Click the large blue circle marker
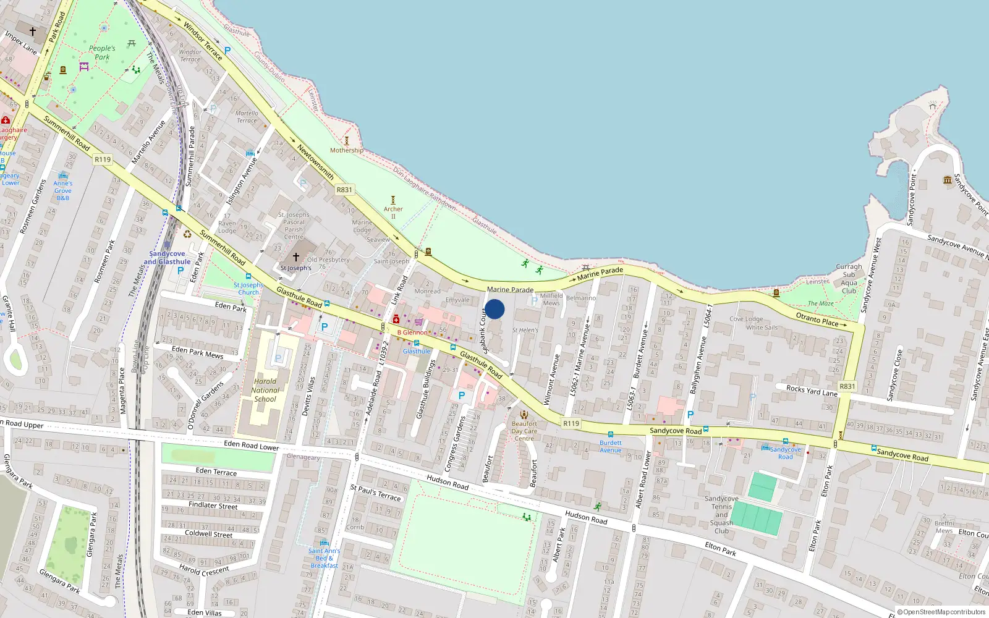click(494, 309)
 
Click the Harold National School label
click(265, 390)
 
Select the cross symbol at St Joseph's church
click(295, 257)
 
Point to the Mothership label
click(346, 150)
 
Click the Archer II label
click(393, 212)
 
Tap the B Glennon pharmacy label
click(412, 332)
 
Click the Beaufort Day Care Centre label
click(524, 431)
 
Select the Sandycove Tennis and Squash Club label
click(721, 514)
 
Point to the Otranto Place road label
click(817, 319)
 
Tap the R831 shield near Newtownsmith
click(344, 190)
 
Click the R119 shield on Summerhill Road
click(103, 159)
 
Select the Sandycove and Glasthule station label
click(167, 258)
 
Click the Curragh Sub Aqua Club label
click(849, 279)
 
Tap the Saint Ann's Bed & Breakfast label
click(324, 558)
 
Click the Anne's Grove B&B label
click(63, 190)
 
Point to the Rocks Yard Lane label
click(812, 391)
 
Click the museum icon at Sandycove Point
click(947, 180)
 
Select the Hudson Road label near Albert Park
click(585, 517)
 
